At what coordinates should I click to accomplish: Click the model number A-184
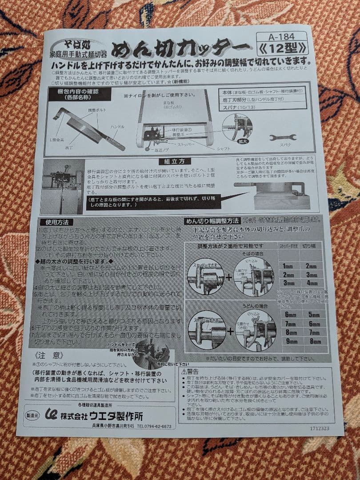coord(281,37)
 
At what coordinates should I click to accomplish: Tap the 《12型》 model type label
coord(282,48)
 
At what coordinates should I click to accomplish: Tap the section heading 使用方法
coord(56,222)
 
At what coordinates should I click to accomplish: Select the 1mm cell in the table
coord(288,266)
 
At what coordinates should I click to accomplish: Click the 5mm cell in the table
coord(314,314)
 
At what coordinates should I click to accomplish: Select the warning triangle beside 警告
coord(183,371)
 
